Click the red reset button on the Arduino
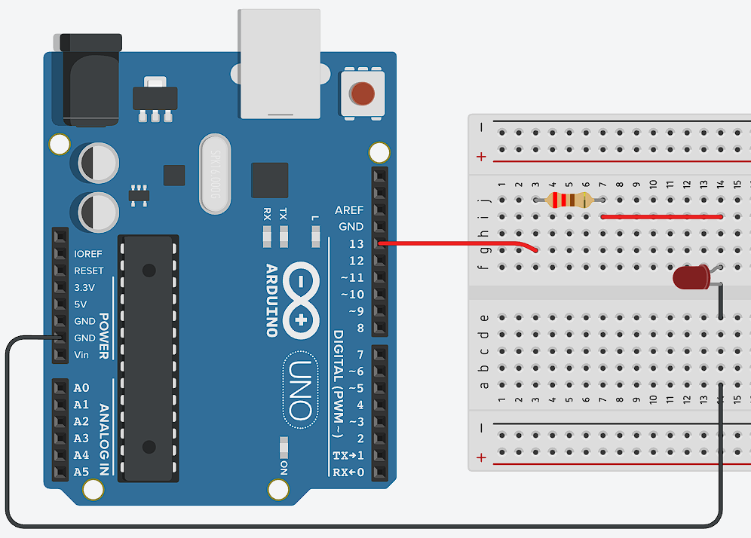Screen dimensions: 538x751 (x=363, y=93)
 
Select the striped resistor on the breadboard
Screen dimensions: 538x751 (x=569, y=200)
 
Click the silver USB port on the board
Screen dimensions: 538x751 (x=280, y=64)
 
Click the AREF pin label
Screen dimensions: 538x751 (x=349, y=210)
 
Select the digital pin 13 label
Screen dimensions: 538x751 (x=356, y=244)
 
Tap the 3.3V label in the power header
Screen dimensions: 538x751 (x=84, y=288)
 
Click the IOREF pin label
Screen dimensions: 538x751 (x=88, y=254)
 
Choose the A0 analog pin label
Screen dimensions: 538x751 (x=81, y=388)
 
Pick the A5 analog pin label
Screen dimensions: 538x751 (x=81, y=472)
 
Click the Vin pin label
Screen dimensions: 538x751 (x=81, y=355)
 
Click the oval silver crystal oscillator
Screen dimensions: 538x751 (x=214, y=173)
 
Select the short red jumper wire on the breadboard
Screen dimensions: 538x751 (x=662, y=217)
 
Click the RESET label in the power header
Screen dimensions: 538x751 (x=89, y=271)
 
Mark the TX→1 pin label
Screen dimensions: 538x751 (x=348, y=456)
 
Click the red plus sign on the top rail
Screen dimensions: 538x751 (x=481, y=157)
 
